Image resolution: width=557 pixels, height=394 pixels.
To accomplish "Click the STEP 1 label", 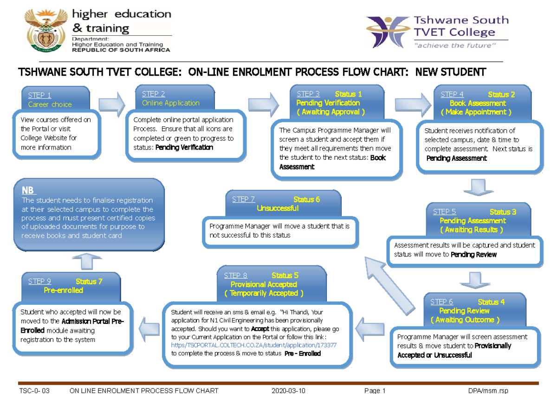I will (x=39, y=95).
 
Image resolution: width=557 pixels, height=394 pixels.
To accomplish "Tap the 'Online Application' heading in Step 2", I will (x=170, y=103).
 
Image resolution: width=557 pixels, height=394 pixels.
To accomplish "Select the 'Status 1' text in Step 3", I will (x=348, y=94).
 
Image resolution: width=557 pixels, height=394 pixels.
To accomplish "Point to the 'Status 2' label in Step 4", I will (x=501, y=95).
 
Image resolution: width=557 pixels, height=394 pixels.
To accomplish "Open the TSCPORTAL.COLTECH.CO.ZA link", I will (x=254, y=345).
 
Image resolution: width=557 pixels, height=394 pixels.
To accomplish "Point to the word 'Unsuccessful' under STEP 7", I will (x=278, y=209).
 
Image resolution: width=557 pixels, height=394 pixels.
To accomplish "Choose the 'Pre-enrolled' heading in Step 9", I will (x=64, y=290).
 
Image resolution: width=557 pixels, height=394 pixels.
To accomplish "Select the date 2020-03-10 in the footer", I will (x=288, y=391).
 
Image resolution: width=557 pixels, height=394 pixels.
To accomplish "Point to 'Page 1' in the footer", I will (x=375, y=391).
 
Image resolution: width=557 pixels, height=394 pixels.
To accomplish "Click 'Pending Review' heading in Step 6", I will (x=464, y=311).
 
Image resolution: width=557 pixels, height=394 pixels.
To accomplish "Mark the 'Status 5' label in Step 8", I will (x=285, y=276).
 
